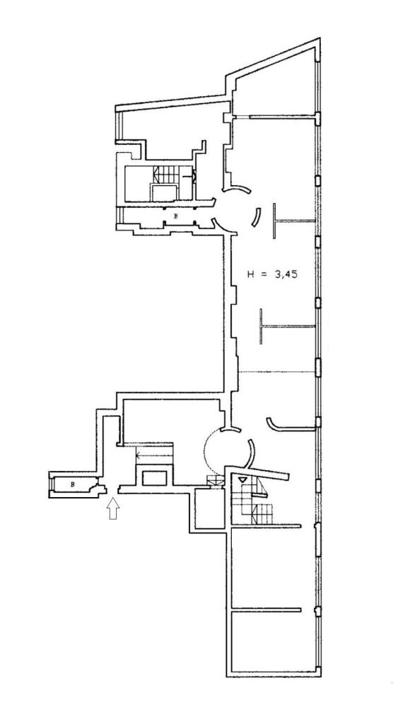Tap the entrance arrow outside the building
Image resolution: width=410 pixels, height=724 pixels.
[x=113, y=508]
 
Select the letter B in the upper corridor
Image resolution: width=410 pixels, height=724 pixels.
[x=175, y=216]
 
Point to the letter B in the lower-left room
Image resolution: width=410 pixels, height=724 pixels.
[x=73, y=484]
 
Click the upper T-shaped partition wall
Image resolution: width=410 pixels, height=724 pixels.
[x=293, y=221]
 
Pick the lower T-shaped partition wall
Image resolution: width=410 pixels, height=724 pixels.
[x=287, y=327]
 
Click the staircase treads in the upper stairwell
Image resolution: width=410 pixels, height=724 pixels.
[x=166, y=175]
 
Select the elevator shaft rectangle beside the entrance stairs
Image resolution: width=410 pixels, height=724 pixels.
[x=154, y=478]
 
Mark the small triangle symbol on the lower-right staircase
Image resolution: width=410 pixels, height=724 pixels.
[x=242, y=480]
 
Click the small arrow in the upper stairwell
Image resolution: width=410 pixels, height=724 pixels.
[x=189, y=176]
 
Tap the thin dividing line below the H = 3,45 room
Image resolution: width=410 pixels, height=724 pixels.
[x=277, y=372]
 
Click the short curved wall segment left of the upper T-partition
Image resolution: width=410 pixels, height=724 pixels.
[x=256, y=217]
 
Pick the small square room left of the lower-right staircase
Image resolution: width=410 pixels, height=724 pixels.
[x=210, y=508]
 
